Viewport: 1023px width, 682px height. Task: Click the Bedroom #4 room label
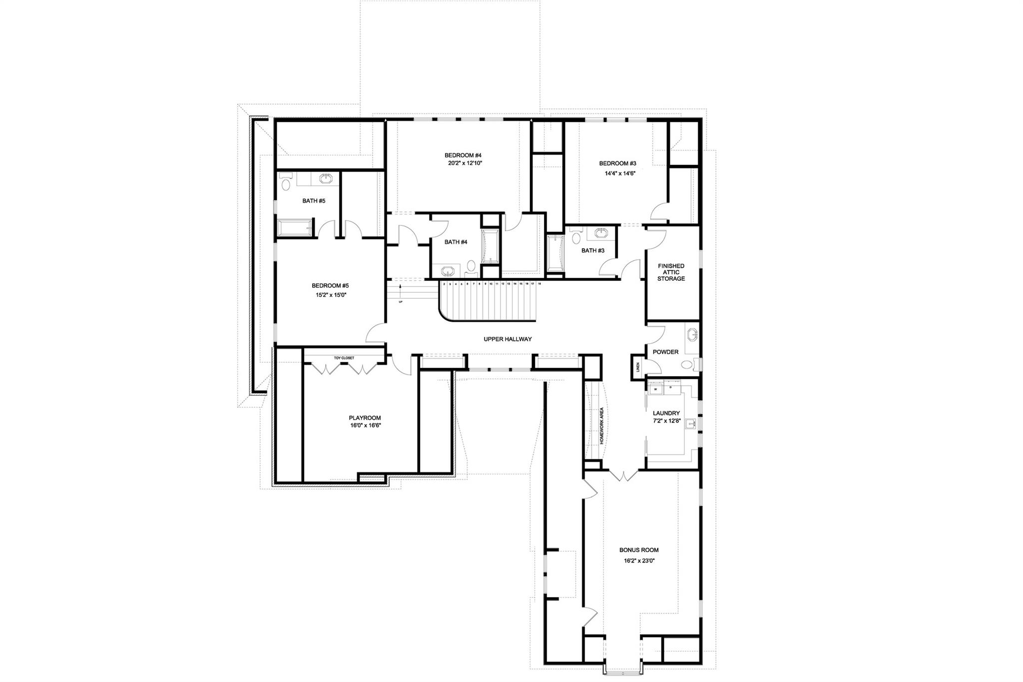[463, 155]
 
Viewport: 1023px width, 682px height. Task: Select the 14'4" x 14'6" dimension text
[617, 174]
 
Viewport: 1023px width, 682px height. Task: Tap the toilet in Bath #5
[286, 184]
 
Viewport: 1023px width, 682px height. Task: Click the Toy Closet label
[344, 358]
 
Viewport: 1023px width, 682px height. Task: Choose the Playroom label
[365, 418]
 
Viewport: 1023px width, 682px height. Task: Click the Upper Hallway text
[508, 339]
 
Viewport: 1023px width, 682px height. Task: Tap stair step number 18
[539, 284]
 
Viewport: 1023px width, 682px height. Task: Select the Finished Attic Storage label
[671, 272]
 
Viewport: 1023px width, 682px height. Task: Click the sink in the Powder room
[692, 334]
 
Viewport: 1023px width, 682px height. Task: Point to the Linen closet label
[637, 368]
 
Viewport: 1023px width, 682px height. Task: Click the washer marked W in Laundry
[655, 389]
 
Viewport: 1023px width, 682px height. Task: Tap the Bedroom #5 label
[330, 286]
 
